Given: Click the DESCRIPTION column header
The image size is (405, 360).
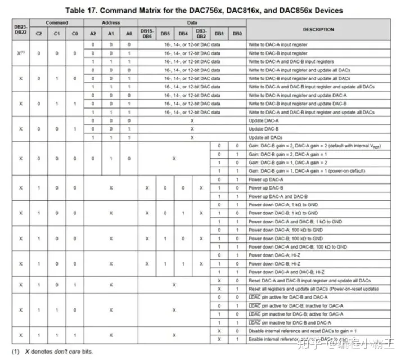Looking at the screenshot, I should (318, 29).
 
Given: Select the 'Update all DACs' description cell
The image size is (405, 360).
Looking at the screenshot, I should (265, 137).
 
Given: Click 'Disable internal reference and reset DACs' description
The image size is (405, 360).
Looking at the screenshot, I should (304, 331).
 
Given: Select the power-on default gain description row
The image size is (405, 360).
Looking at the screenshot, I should (301, 170).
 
